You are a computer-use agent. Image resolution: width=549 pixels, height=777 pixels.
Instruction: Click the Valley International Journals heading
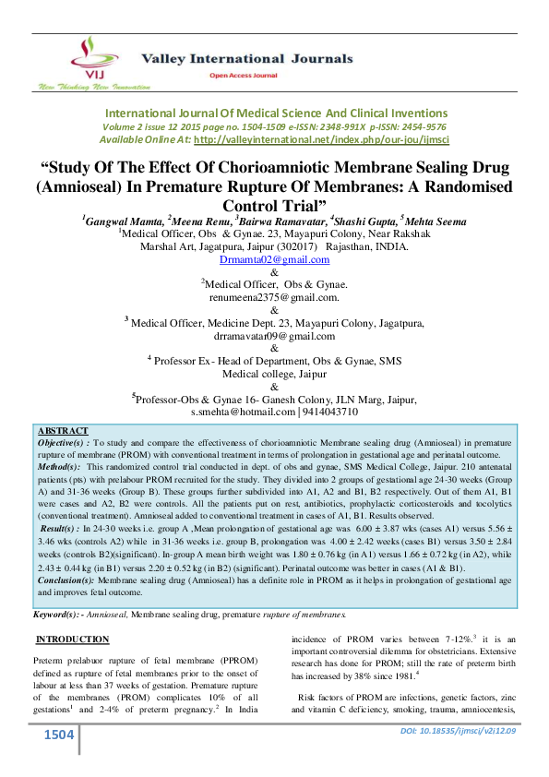(x=246, y=58)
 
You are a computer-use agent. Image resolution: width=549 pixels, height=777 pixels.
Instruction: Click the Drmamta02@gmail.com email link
(x=274, y=261)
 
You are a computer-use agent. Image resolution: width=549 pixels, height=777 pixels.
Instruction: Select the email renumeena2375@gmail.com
(x=274, y=298)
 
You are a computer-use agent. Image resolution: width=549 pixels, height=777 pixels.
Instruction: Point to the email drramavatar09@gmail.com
(x=274, y=337)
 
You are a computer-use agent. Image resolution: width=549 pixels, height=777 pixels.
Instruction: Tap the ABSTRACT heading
(x=64, y=431)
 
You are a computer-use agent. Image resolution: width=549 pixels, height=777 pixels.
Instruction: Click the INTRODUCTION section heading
(x=72, y=640)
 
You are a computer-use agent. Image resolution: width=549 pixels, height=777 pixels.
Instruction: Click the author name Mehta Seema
(x=435, y=221)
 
